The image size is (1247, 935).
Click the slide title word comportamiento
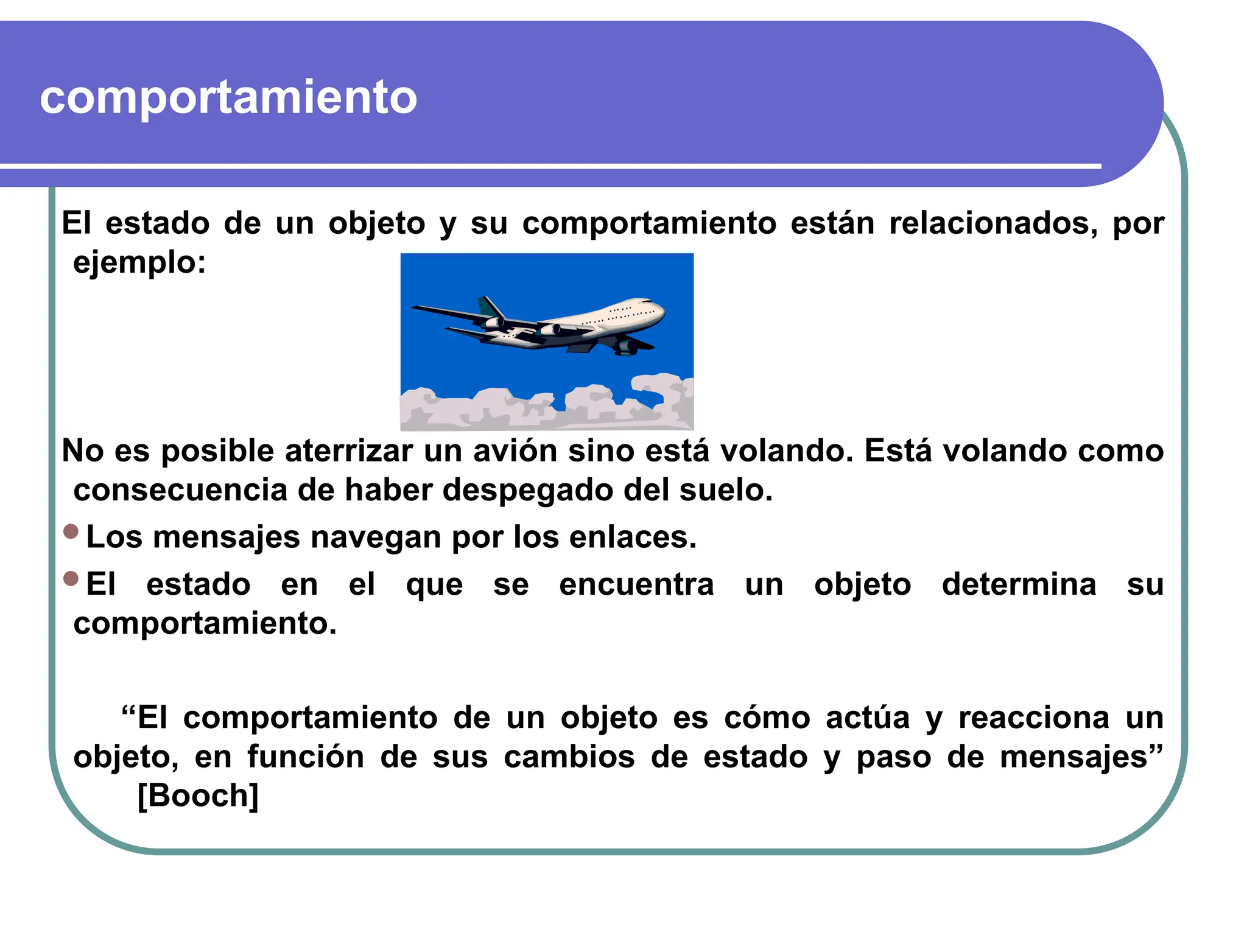(x=228, y=97)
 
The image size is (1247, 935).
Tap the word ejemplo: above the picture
(x=139, y=263)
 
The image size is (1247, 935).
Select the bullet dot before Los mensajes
(x=71, y=531)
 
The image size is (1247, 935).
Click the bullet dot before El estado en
(x=71, y=578)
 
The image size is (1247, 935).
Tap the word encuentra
(x=636, y=585)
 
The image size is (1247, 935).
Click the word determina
(x=1019, y=585)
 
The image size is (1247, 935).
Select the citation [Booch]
(x=198, y=796)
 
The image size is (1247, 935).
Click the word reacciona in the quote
(x=1033, y=718)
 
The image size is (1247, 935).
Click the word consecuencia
(x=180, y=490)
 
